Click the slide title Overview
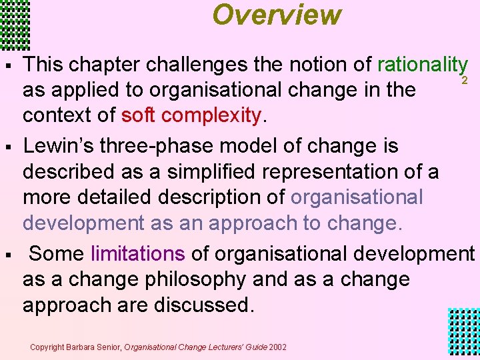click(x=277, y=15)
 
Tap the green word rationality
click(x=421, y=65)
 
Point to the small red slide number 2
click(x=464, y=80)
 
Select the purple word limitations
click(x=138, y=253)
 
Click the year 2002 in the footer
click(x=278, y=347)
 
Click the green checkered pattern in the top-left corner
click(x=15, y=24)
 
